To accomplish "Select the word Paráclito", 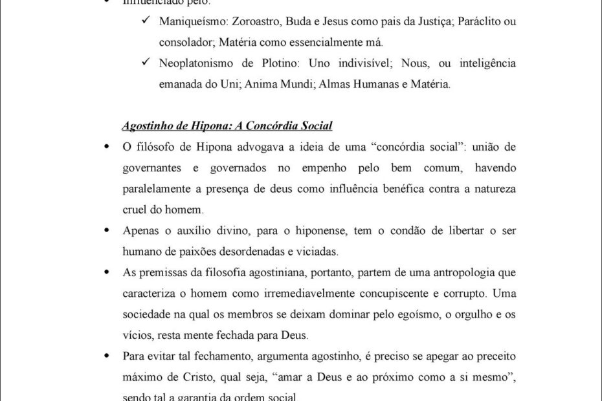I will point(479,22).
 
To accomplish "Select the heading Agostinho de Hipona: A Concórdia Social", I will point(227,125).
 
